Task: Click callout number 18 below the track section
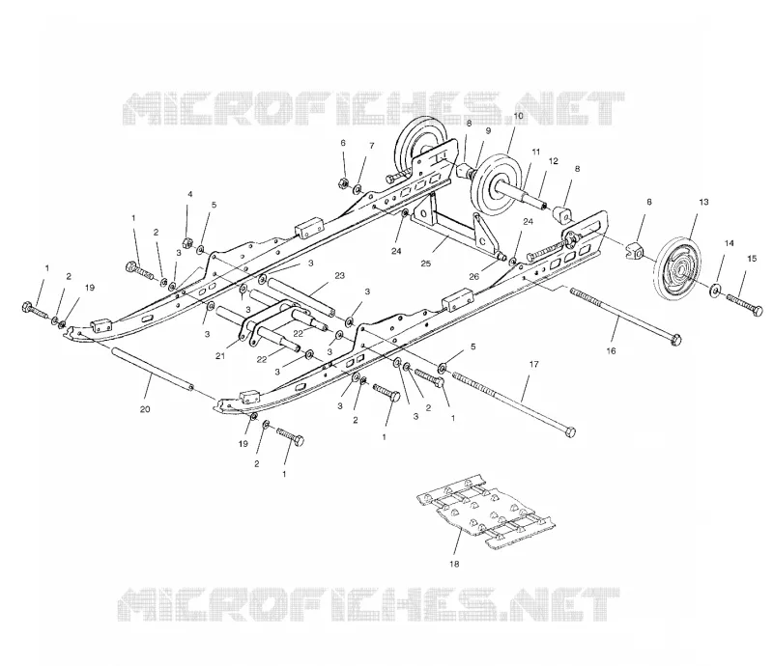454,564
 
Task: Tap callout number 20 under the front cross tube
145,409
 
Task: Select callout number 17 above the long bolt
534,364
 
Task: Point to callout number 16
612,350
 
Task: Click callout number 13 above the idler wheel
703,202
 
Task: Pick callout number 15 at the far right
752,259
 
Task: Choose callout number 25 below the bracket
426,264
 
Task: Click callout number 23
340,275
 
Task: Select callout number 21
220,355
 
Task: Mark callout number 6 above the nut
343,143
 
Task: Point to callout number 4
189,194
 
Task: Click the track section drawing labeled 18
486,512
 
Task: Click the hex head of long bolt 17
569,432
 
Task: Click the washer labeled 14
714,291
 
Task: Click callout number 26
473,276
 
